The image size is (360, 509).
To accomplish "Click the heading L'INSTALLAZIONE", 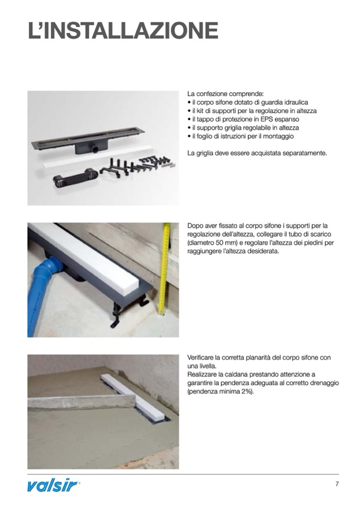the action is point(123,31).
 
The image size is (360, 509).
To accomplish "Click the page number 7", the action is point(337,484).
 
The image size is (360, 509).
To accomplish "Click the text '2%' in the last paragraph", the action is point(245,392).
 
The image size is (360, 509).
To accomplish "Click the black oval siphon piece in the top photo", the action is point(75,179).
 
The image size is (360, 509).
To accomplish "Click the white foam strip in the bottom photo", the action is point(135,398).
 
